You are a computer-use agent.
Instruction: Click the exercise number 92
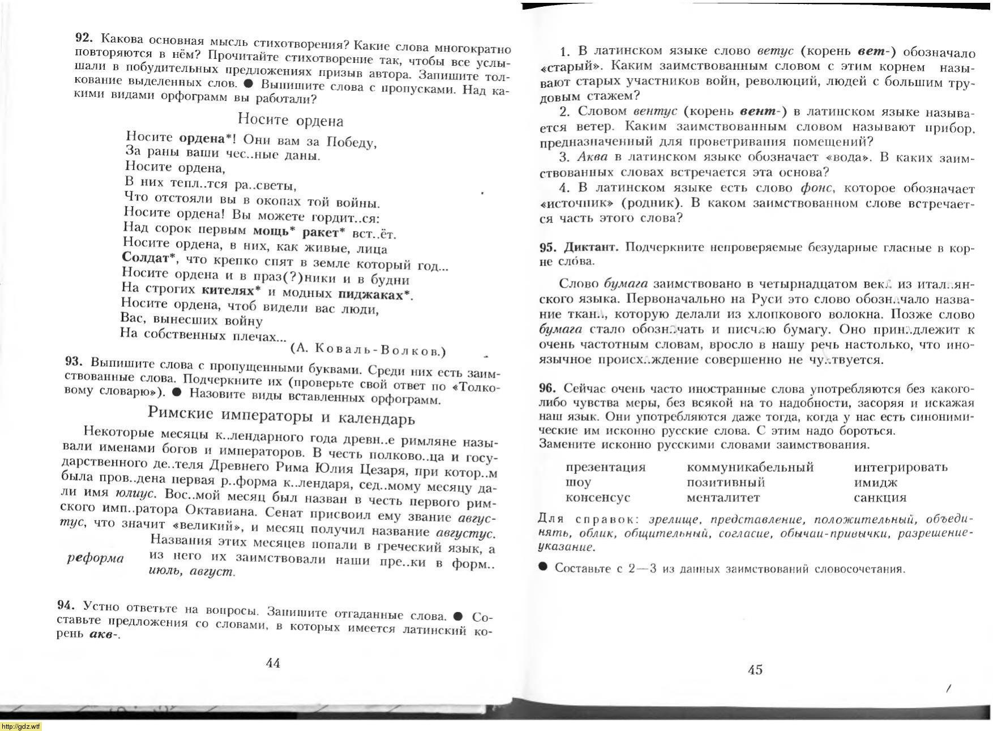(83, 37)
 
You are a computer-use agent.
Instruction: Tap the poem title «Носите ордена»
(290, 120)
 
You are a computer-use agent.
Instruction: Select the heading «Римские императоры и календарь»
(281, 416)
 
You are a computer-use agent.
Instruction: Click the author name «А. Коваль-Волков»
(368, 349)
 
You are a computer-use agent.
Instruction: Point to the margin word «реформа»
(95, 558)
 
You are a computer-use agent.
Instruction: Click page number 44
(273, 663)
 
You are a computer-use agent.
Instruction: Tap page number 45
(755, 670)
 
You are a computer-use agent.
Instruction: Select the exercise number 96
(547, 388)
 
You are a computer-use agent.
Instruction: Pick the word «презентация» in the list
(605, 468)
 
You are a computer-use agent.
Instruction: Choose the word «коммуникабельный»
(750, 467)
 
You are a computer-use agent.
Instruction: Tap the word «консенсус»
(597, 498)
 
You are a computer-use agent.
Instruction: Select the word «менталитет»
(723, 498)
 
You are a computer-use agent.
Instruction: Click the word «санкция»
(880, 498)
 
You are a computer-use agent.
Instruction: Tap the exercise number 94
(67, 605)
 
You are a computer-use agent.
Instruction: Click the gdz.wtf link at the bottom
(21, 726)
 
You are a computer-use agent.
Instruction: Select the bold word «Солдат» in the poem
(145, 258)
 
